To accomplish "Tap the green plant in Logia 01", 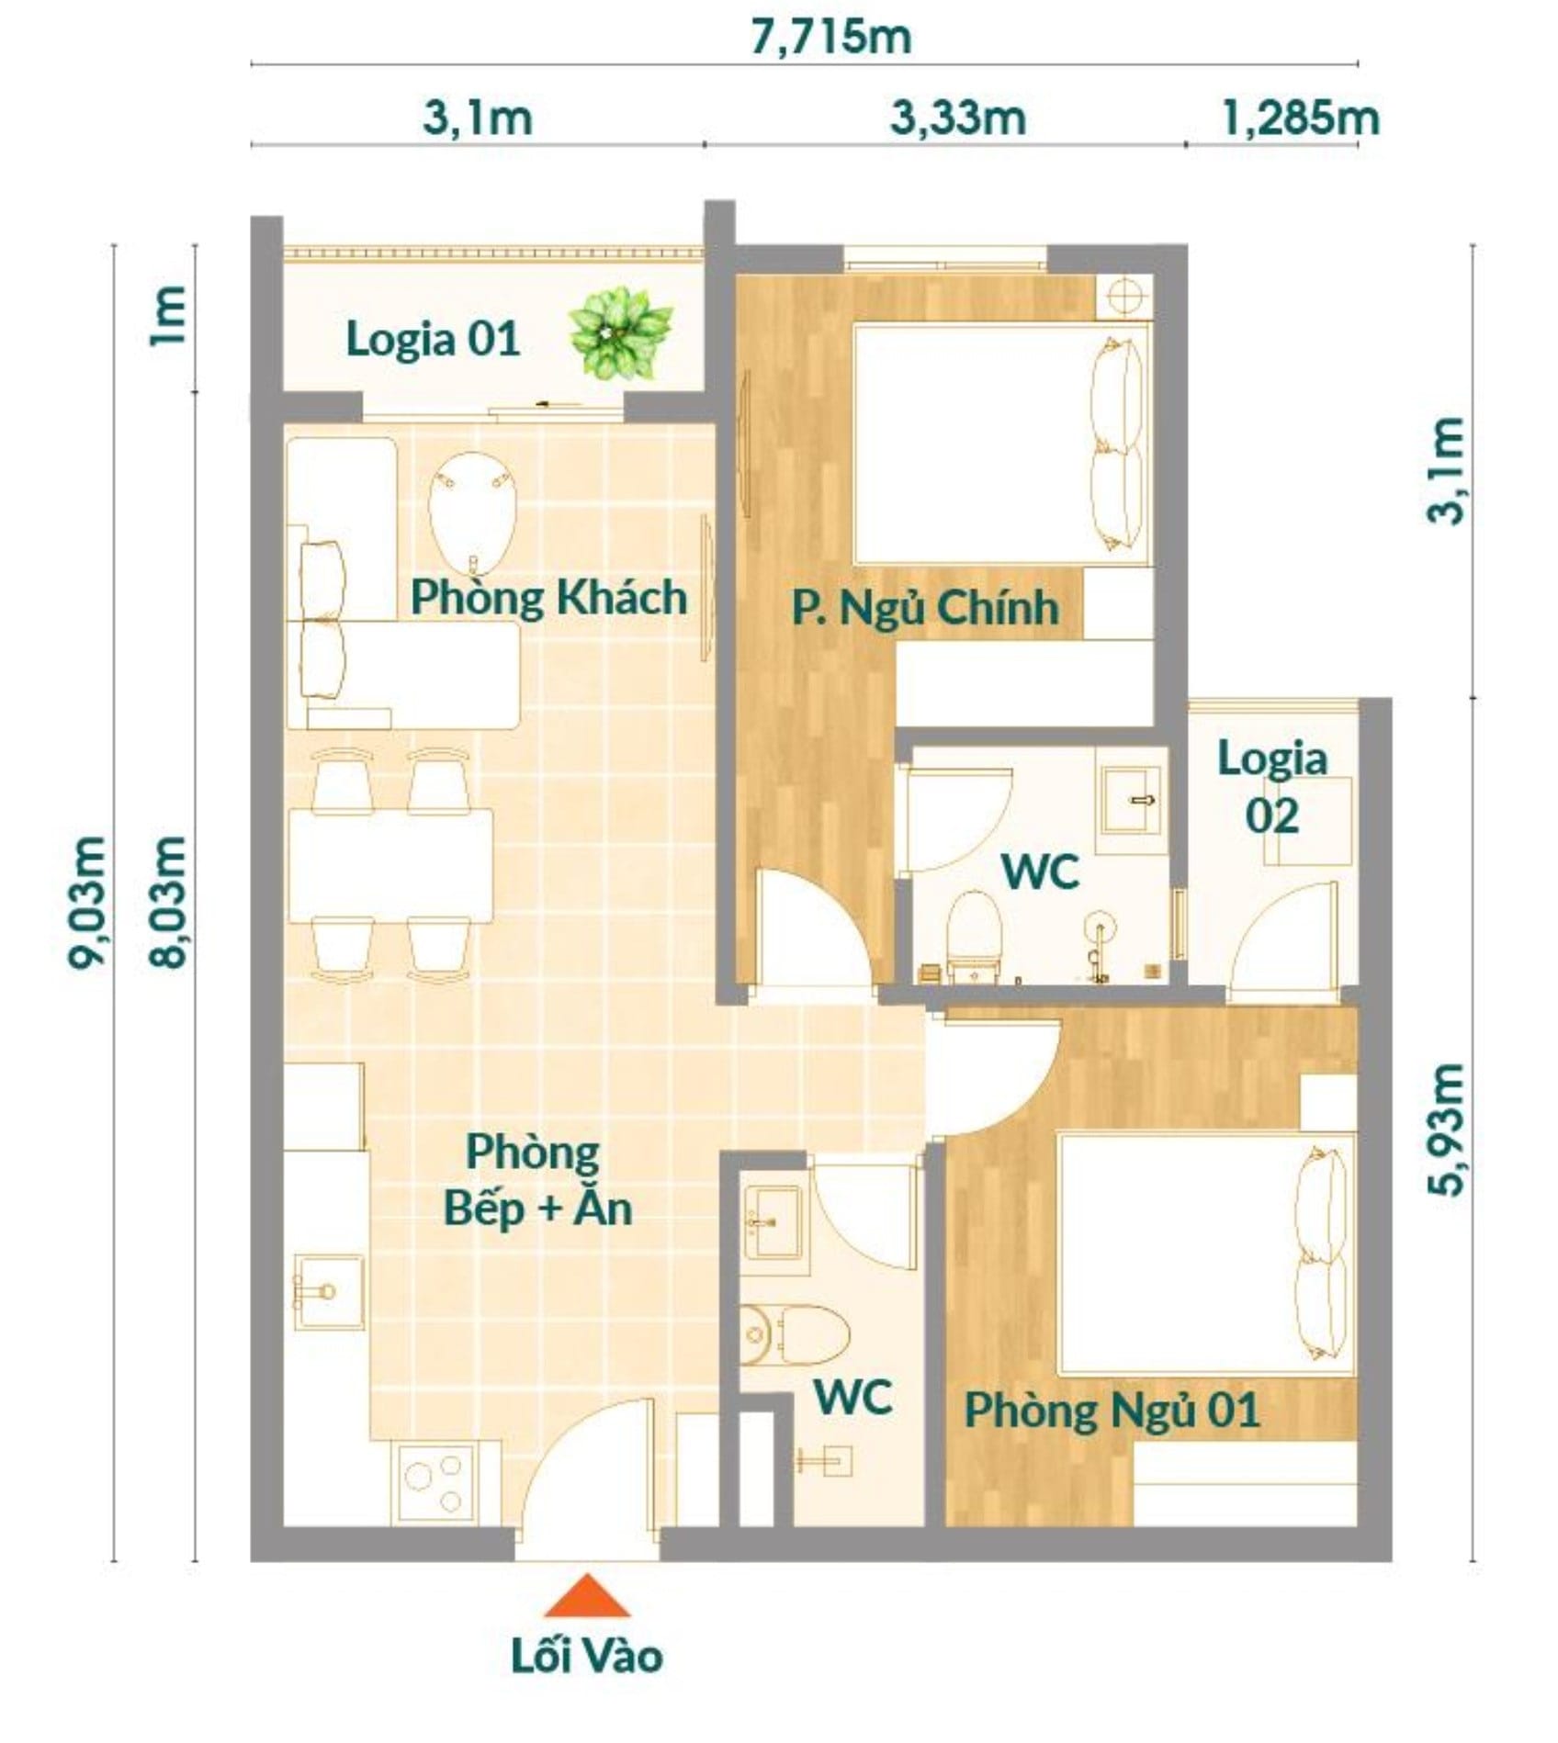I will point(620,333).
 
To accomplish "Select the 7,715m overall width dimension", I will point(831,39).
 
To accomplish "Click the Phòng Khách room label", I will point(548,597).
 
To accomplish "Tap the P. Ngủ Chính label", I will point(925,608).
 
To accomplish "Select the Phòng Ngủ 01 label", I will point(1112,1410).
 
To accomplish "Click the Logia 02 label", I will point(1272,787).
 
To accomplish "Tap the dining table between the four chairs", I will point(390,865).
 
